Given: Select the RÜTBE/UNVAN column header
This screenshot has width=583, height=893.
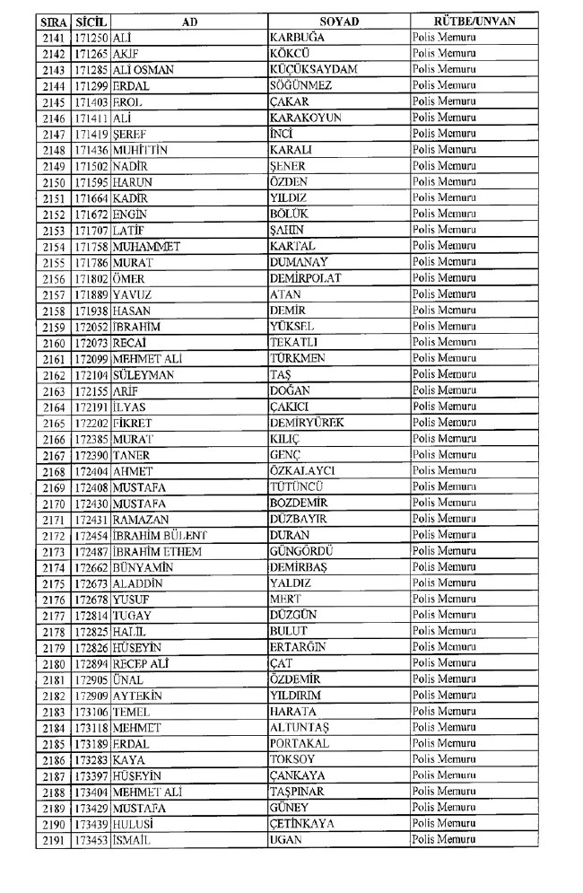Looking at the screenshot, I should tap(474, 21).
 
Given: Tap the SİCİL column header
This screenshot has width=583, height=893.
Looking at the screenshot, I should tap(91, 21).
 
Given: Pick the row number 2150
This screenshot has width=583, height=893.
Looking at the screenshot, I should tap(54, 182).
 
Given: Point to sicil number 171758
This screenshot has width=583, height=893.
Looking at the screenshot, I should tap(91, 246).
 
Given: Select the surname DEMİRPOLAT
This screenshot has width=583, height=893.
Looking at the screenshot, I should tap(305, 277).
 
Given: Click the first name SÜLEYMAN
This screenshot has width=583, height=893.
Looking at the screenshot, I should tap(144, 374).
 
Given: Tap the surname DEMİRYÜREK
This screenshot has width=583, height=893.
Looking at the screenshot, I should tap(307, 422).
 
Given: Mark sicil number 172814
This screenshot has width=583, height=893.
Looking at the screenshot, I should tap(91, 616).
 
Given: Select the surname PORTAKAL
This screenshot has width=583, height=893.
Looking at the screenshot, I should tap(300, 744).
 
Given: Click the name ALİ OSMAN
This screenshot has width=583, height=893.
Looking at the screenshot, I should tap(143, 69).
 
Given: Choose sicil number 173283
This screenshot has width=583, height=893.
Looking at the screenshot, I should tap(91, 760).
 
